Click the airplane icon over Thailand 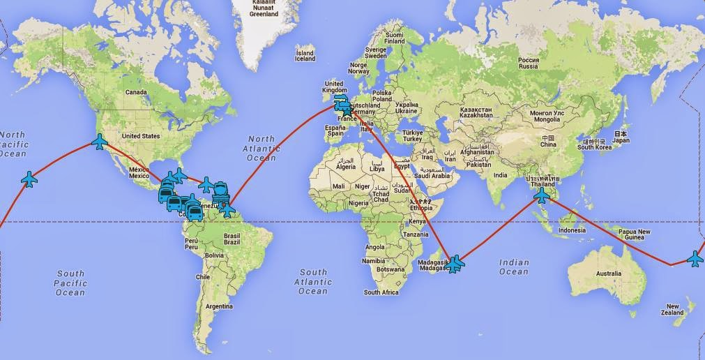pyautogui.click(x=541, y=195)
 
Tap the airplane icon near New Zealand pyautogui.click(x=695, y=258)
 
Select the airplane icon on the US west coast pyautogui.click(x=100, y=142)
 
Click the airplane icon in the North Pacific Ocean pyautogui.click(x=29, y=179)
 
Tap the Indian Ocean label pyautogui.click(x=514, y=267)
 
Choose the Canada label pyautogui.click(x=135, y=92)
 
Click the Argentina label pyautogui.click(x=218, y=306)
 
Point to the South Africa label pyautogui.click(x=381, y=292)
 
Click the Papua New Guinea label pyautogui.click(x=634, y=235)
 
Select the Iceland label pyautogui.click(x=305, y=55)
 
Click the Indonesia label pyautogui.click(x=572, y=230)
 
